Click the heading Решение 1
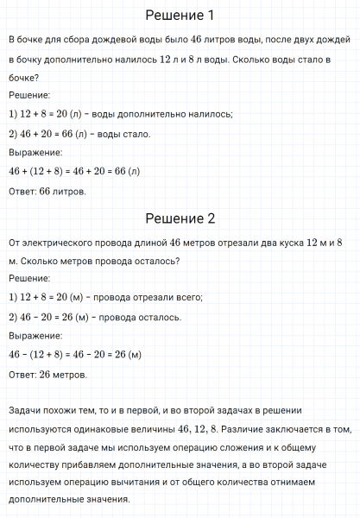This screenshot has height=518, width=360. pyautogui.click(x=180, y=16)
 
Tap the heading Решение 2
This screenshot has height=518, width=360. pyautogui.click(x=180, y=218)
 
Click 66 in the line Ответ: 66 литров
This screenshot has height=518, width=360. pyautogui.click(x=46, y=191)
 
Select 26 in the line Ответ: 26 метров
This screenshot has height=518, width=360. pyautogui.click(x=46, y=375)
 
